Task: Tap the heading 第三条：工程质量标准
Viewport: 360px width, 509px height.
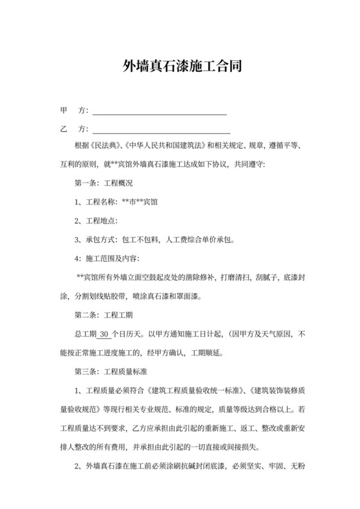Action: (x=112, y=372)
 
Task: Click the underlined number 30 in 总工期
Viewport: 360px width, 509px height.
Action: (x=104, y=334)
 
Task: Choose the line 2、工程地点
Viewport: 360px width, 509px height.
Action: (x=97, y=221)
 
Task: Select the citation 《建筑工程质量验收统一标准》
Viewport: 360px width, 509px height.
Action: (x=197, y=391)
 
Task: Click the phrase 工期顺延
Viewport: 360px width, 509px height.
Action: (x=207, y=353)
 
